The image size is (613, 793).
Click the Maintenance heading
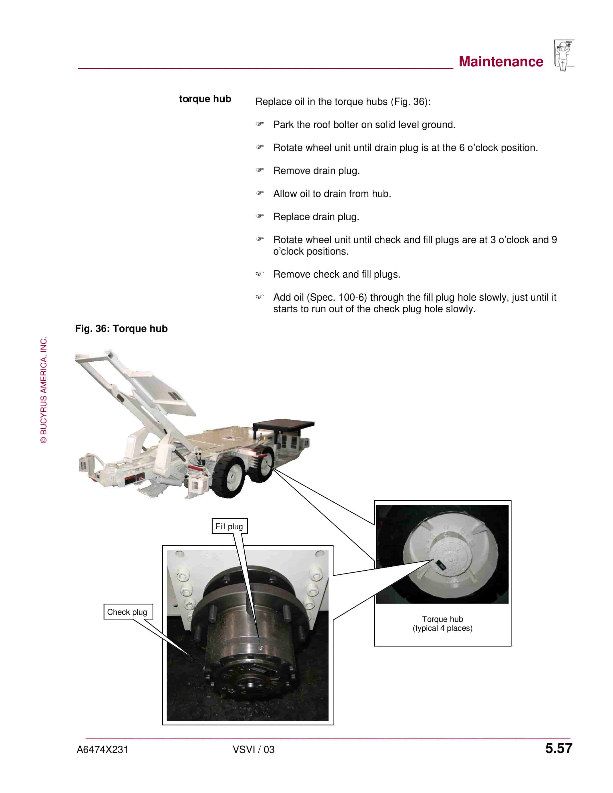pyautogui.click(x=501, y=62)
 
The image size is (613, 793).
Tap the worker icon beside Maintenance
pyautogui.click(x=564, y=55)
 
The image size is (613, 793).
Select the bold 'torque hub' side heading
pyautogui.click(x=205, y=99)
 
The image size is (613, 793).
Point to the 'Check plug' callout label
pyautogui.click(x=128, y=612)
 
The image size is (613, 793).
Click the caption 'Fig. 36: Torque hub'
pyautogui.click(x=121, y=329)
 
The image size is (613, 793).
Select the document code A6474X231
pyautogui.click(x=102, y=750)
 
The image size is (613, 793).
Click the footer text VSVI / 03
pyautogui.click(x=253, y=750)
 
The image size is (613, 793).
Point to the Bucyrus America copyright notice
pyautogui.click(x=44, y=390)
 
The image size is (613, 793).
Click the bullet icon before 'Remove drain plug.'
pyautogui.click(x=260, y=170)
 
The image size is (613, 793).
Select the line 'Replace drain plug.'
pyautogui.click(x=316, y=217)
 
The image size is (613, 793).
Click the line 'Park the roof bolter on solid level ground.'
pyautogui.click(x=364, y=125)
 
